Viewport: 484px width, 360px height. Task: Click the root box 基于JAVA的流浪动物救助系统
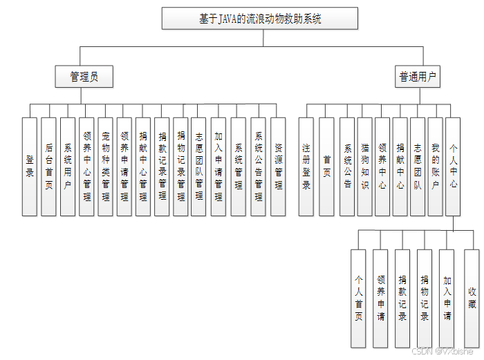pos(260,19)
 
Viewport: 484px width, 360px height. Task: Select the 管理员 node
pos(84,77)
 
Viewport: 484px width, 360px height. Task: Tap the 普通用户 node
pos(418,77)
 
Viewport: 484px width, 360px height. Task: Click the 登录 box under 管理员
pos(29,166)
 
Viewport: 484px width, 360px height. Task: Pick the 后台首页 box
pos(48,166)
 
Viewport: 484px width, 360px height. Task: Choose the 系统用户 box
pos(68,166)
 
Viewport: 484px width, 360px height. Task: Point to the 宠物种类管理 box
pos(105,166)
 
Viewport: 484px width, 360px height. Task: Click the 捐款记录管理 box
pos(162,166)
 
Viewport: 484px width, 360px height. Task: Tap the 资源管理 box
pos(277,166)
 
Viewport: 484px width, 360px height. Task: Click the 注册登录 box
pos(306,166)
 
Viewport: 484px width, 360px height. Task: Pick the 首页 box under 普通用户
pos(326,166)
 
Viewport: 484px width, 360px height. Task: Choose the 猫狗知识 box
pos(365,166)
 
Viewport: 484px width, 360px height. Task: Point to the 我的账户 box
pos(436,166)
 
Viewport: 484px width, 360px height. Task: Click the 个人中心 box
pos(454,166)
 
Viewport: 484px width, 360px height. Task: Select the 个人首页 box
pos(358,298)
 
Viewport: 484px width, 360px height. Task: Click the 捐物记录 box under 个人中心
pos(425,298)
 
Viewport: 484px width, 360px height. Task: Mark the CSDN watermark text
pos(442,351)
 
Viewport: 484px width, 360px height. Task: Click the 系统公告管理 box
pos(258,166)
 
